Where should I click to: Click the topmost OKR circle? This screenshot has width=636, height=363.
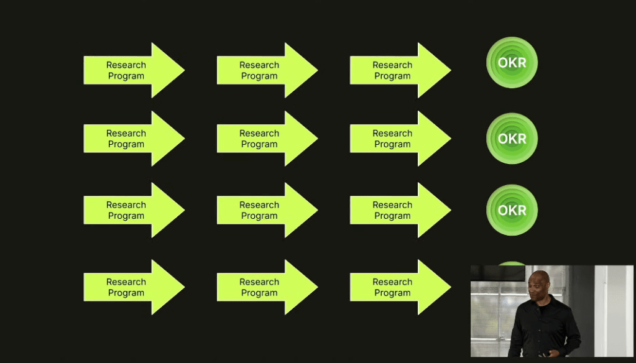[512, 62]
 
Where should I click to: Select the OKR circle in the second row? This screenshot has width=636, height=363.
[512, 139]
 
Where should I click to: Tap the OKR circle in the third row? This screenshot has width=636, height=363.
[512, 210]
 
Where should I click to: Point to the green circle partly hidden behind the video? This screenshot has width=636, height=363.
[512, 264]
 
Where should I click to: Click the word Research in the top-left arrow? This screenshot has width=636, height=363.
[126, 65]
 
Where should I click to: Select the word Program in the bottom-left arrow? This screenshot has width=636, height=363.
[126, 293]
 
